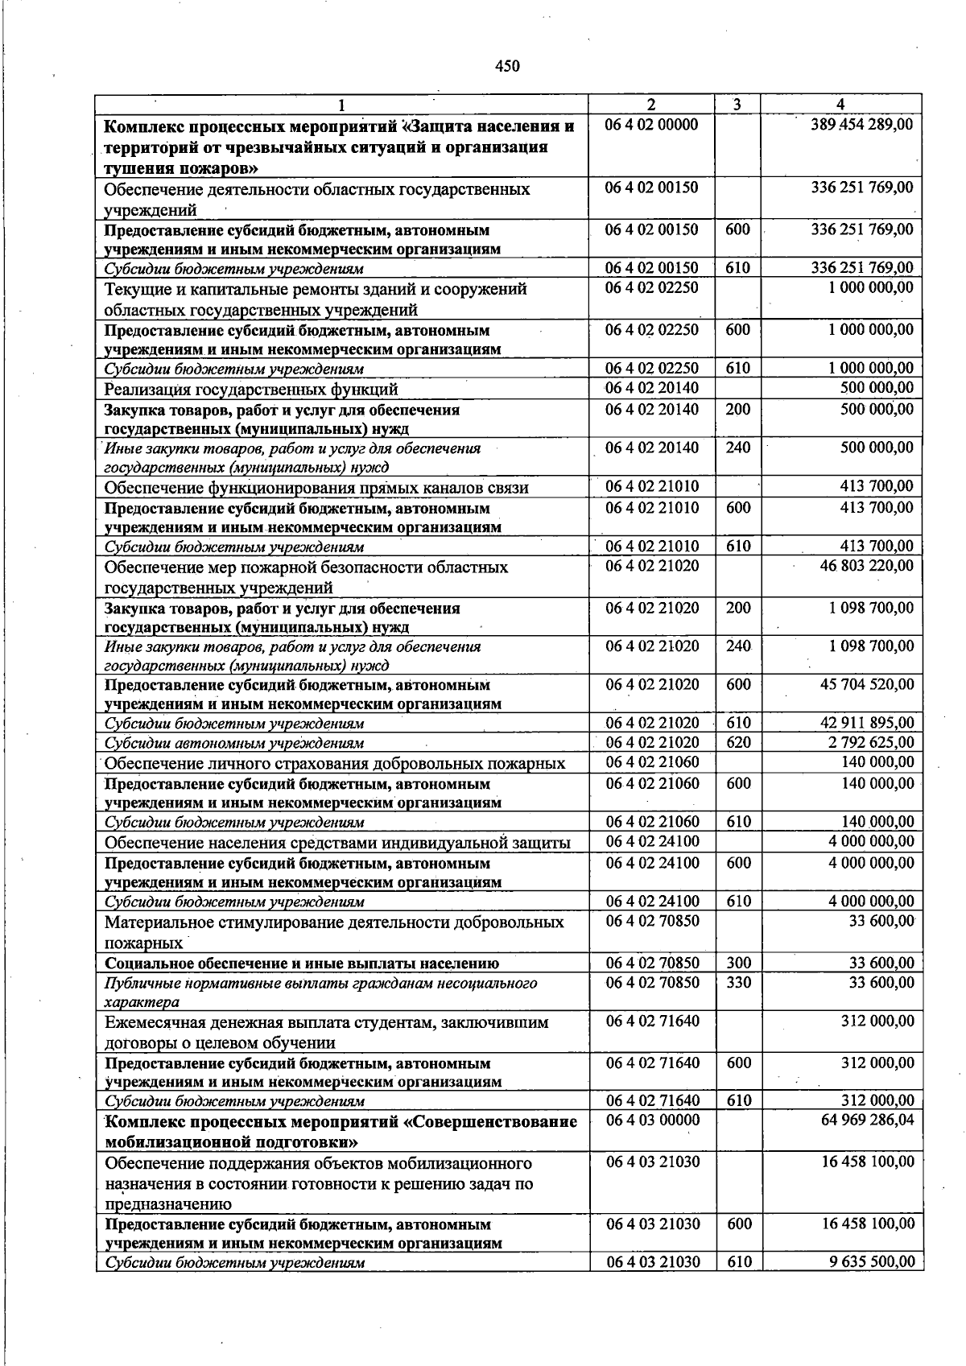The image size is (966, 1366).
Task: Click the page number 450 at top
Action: click(507, 66)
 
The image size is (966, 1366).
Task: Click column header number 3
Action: click(737, 105)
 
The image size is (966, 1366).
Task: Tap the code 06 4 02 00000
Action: click(652, 125)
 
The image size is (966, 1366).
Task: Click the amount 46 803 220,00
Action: click(866, 566)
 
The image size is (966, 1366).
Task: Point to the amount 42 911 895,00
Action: click(866, 723)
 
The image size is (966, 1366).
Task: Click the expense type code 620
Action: click(737, 742)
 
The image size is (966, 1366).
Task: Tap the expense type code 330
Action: click(737, 982)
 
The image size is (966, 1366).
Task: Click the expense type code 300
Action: click(737, 963)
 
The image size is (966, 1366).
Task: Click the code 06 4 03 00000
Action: click(652, 1120)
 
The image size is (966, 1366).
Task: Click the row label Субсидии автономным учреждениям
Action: click(234, 744)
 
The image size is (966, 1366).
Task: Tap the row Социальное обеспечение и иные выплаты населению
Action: click(302, 964)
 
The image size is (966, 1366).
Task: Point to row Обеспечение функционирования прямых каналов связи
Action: click(316, 488)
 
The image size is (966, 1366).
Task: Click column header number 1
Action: click(341, 105)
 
